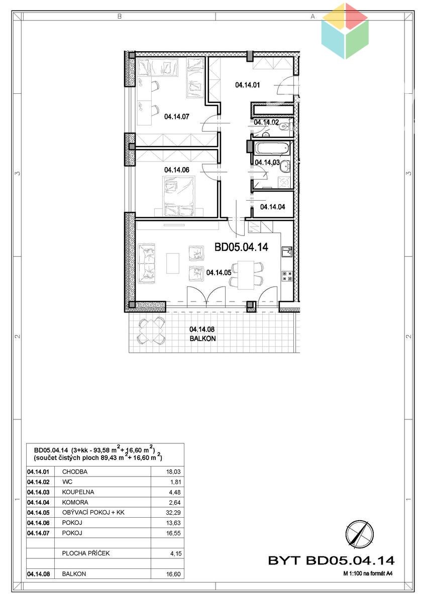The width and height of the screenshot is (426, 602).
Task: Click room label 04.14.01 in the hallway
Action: (248, 85)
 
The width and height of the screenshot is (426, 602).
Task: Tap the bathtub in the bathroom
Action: (272, 148)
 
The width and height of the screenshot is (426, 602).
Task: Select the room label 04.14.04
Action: (273, 207)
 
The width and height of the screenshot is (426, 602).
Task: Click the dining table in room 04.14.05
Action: (246, 275)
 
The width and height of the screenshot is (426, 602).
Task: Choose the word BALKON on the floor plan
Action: (202, 338)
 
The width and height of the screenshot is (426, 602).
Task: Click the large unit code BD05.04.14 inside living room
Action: (242, 247)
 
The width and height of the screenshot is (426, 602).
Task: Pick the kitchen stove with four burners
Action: (287, 276)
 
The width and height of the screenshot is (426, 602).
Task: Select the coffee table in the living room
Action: (173, 263)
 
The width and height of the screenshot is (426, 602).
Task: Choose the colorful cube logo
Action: (345, 31)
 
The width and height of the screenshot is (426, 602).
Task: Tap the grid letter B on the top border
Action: (120, 17)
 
